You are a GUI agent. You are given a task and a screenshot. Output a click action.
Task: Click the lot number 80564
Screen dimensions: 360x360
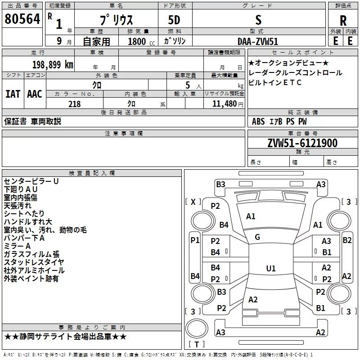coord(22,19)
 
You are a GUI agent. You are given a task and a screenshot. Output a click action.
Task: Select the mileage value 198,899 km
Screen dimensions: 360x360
coord(53,65)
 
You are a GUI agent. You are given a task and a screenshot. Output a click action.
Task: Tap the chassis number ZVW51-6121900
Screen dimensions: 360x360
coord(302,143)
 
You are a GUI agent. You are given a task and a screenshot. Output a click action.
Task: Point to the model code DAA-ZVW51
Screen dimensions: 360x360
coord(258,41)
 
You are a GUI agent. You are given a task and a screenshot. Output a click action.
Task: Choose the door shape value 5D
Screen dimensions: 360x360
coord(174,20)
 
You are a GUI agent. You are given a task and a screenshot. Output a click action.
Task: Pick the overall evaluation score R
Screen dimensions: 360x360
coord(343,21)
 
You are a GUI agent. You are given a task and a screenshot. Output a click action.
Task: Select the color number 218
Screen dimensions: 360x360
coord(74,104)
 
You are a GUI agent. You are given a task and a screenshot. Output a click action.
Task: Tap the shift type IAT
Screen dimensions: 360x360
coord(13,94)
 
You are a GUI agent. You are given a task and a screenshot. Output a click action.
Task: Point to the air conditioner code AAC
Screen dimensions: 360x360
coord(35,94)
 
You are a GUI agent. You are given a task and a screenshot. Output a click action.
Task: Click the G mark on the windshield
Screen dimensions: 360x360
coord(257,237)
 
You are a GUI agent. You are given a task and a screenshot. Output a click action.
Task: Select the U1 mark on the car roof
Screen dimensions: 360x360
coord(271,268)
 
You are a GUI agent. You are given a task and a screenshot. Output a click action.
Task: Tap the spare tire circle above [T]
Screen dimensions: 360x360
coord(197,328)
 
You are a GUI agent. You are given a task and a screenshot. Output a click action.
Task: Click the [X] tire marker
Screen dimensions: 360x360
coord(193,202)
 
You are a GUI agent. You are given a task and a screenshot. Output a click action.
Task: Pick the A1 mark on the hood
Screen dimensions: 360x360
coord(251,216)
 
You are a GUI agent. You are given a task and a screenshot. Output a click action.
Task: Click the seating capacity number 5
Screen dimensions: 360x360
coord(188,85)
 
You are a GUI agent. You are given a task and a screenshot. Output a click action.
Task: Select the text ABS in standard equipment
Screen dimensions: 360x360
coord(258,121)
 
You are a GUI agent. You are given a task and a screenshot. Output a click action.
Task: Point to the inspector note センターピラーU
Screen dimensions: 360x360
coord(31,181)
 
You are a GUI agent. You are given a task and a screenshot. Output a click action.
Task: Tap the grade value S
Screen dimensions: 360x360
coord(258,20)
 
